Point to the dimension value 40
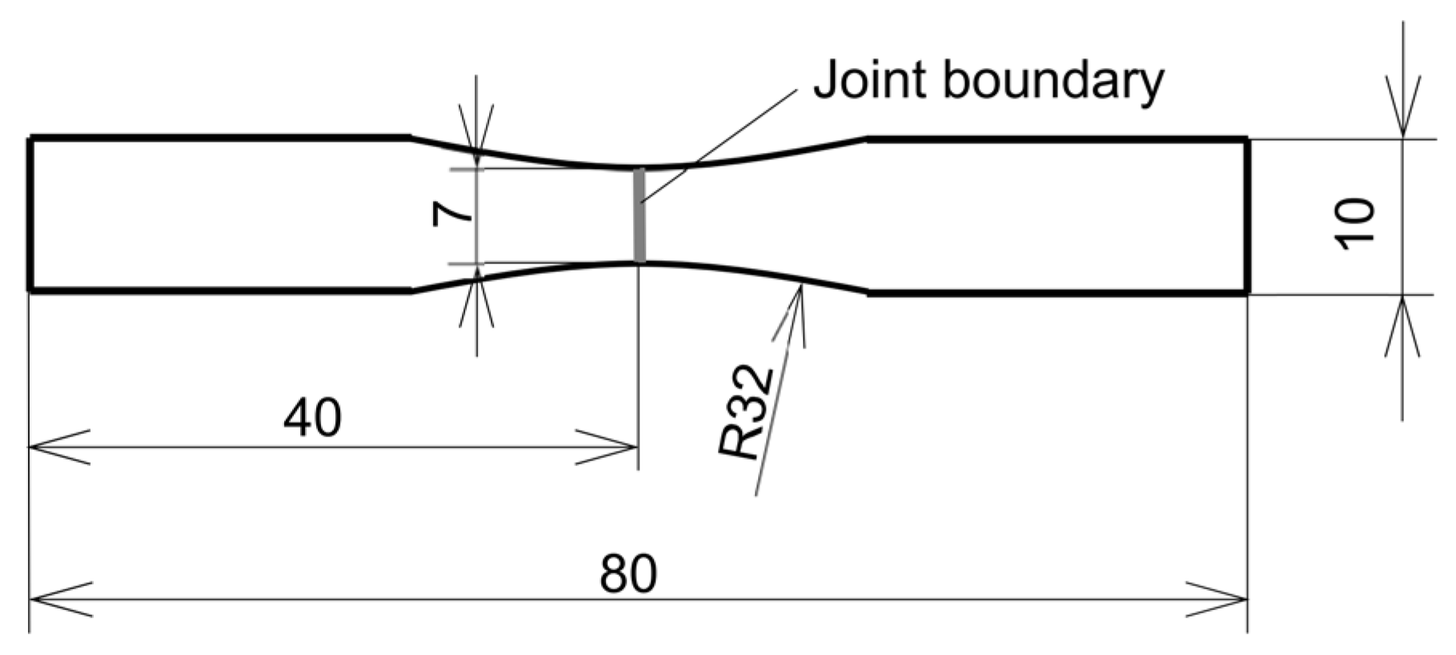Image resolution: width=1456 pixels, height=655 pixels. [312, 418]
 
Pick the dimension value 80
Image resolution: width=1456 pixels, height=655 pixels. [628, 573]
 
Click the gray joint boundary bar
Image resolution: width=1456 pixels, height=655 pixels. [640, 215]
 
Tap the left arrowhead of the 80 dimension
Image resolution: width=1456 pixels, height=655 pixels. [56, 599]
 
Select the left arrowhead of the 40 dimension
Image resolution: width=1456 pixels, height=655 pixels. [56, 447]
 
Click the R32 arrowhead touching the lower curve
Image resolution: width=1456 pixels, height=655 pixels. [796, 308]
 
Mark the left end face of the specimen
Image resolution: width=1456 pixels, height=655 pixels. [30, 215]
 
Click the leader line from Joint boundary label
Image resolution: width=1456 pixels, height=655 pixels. [720, 144]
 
